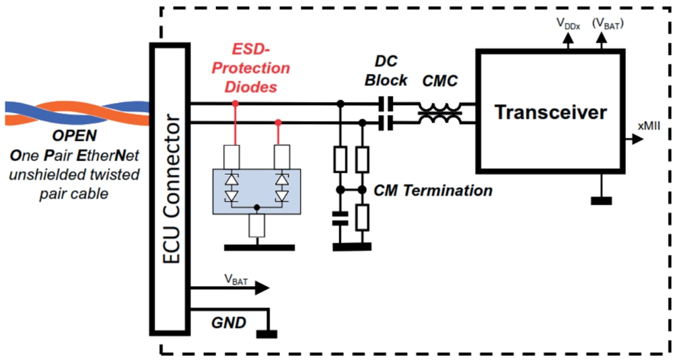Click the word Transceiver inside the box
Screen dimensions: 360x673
[x=551, y=112]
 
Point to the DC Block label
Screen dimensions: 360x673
[x=386, y=71]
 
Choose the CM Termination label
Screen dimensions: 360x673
[x=433, y=190]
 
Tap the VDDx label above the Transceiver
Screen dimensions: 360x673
[x=567, y=22]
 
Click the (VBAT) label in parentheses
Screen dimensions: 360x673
[x=607, y=22]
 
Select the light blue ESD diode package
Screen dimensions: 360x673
[x=256, y=191]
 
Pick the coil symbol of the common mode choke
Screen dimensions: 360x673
[x=440, y=113]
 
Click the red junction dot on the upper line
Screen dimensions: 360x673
[x=236, y=104]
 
